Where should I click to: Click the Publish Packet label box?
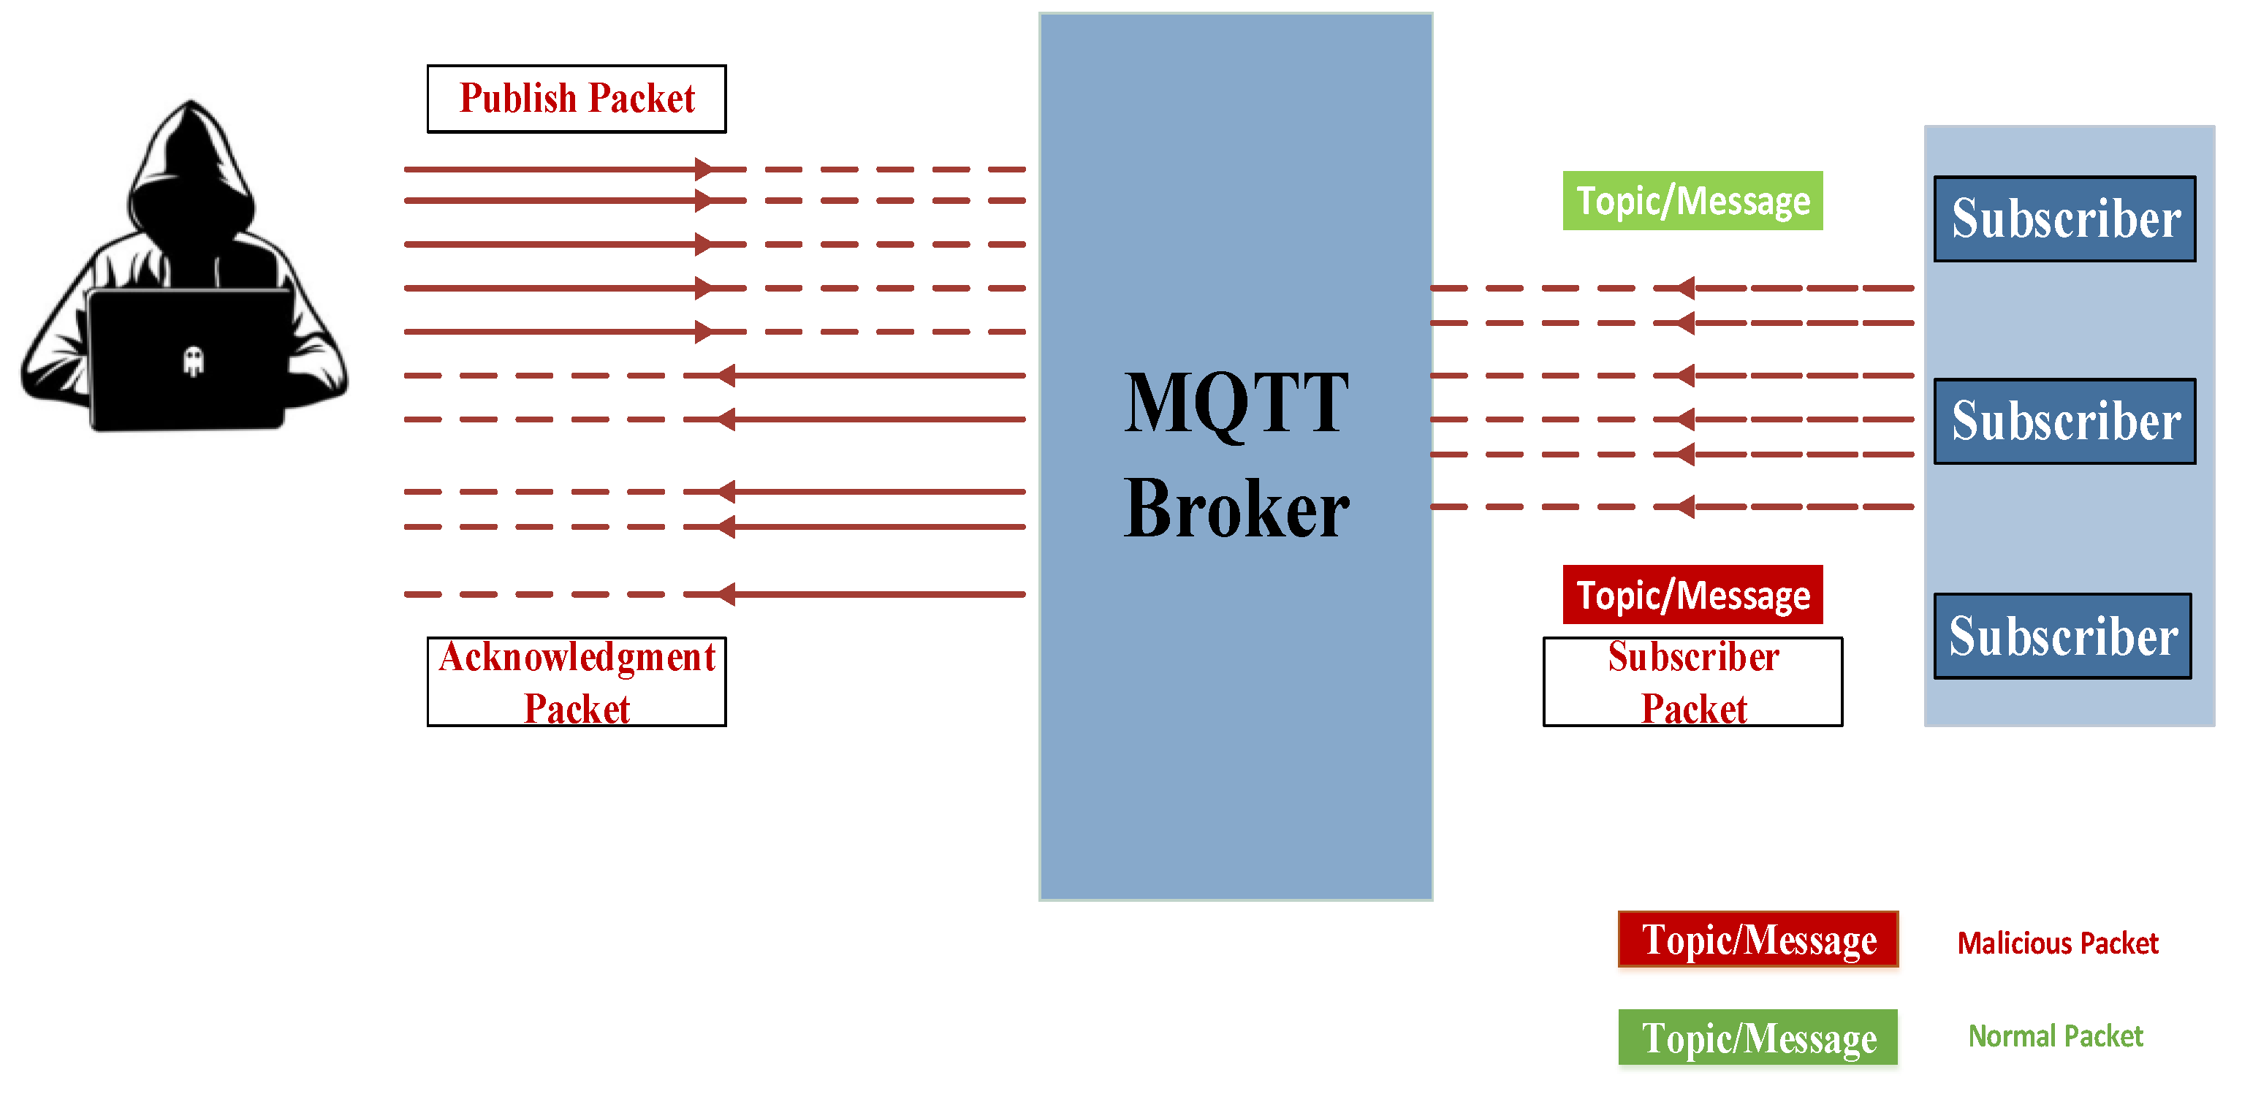pyautogui.click(x=576, y=99)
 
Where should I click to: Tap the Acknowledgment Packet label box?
pyautogui.click(x=576, y=681)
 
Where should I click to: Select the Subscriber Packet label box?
pyautogui.click(x=1692, y=681)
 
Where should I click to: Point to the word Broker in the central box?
pyautogui.click(x=1236, y=509)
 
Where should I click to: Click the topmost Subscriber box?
pyautogui.click(x=2064, y=219)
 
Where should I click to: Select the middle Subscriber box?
pyautogui.click(x=2064, y=421)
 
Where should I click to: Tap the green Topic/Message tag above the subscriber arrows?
pyautogui.click(x=1692, y=201)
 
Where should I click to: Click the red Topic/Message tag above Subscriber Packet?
pyautogui.click(x=1692, y=596)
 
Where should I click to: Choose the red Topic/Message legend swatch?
pyautogui.click(x=1757, y=940)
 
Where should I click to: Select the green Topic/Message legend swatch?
pyautogui.click(x=1757, y=1038)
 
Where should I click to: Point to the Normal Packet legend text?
pyautogui.click(x=2055, y=1036)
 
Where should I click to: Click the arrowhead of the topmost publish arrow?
pyautogui.click(x=703, y=169)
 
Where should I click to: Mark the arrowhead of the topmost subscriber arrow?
pyautogui.click(x=1686, y=287)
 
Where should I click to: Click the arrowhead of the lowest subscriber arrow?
pyautogui.click(x=1686, y=506)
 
